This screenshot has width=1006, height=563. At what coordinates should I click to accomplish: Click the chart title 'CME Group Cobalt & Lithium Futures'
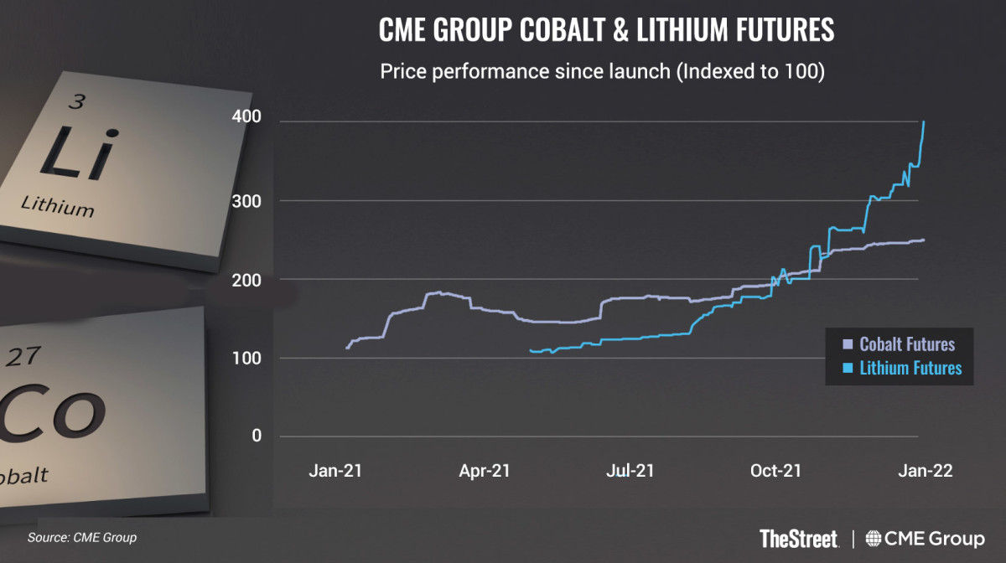tap(607, 30)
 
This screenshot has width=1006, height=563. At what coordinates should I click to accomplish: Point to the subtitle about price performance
tap(604, 71)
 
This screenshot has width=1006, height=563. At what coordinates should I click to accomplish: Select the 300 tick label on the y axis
tap(245, 201)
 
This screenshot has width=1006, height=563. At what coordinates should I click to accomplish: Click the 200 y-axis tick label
tap(245, 279)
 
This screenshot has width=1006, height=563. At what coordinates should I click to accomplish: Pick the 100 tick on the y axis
tap(245, 359)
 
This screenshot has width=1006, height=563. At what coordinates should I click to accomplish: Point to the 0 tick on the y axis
tap(255, 436)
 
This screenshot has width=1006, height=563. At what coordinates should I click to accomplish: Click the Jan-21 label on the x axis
tap(335, 471)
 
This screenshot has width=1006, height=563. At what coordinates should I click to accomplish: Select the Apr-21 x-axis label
tap(484, 471)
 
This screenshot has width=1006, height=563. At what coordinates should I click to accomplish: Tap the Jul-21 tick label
tap(630, 471)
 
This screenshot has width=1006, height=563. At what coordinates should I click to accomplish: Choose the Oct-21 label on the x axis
tap(776, 471)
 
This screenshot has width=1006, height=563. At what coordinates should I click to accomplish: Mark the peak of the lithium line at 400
tap(924, 122)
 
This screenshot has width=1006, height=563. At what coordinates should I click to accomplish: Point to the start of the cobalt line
tap(347, 348)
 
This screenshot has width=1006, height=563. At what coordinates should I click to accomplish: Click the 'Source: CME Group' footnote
tap(82, 537)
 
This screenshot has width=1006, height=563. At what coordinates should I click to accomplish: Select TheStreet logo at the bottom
tap(800, 537)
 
